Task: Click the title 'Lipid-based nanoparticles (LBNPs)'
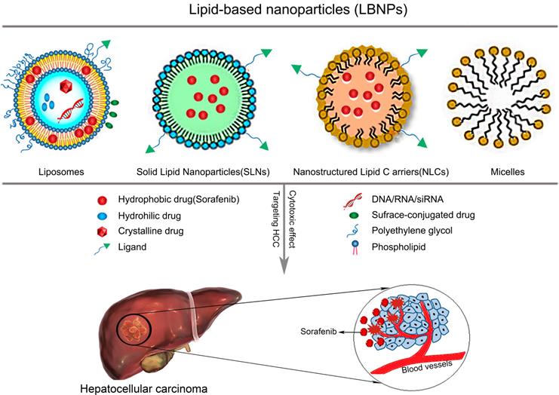point(279,13)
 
